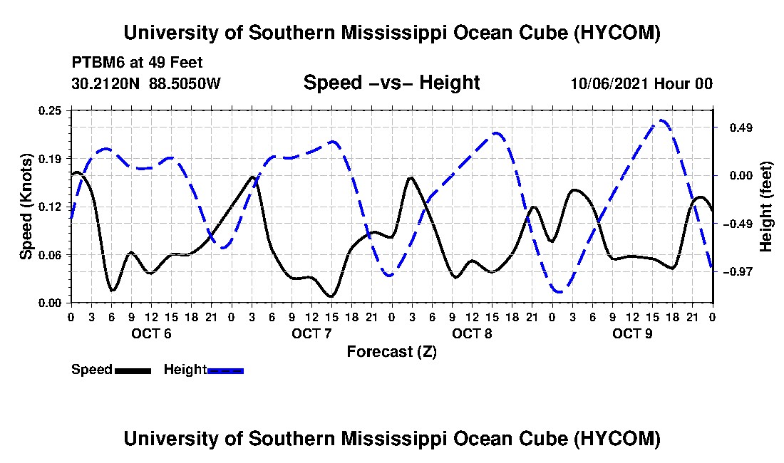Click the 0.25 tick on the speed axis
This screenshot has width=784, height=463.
[x=50, y=110]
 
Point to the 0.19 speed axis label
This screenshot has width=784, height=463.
[x=50, y=159]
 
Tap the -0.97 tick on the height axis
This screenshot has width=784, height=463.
[x=738, y=271]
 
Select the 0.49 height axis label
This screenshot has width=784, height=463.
[x=741, y=128]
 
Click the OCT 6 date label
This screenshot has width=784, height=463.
[x=152, y=333]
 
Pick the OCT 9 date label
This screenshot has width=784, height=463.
[x=632, y=333]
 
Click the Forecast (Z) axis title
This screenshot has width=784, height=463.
[x=392, y=352]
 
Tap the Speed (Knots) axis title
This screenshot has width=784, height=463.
[x=26, y=207]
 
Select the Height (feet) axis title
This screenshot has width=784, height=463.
[x=765, y=207]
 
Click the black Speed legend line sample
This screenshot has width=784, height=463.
[x=133, y=370]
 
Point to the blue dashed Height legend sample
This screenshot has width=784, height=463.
[x=225, y=370]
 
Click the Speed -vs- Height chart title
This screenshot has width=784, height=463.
[x=391, y=83]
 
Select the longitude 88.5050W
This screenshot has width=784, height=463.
[x=185, y=83]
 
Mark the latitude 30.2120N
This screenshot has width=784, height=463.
[x=105, y=83]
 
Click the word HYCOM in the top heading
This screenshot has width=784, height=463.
[x=617, y=33]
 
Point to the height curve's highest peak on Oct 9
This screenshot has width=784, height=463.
[x=661, y=120]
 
